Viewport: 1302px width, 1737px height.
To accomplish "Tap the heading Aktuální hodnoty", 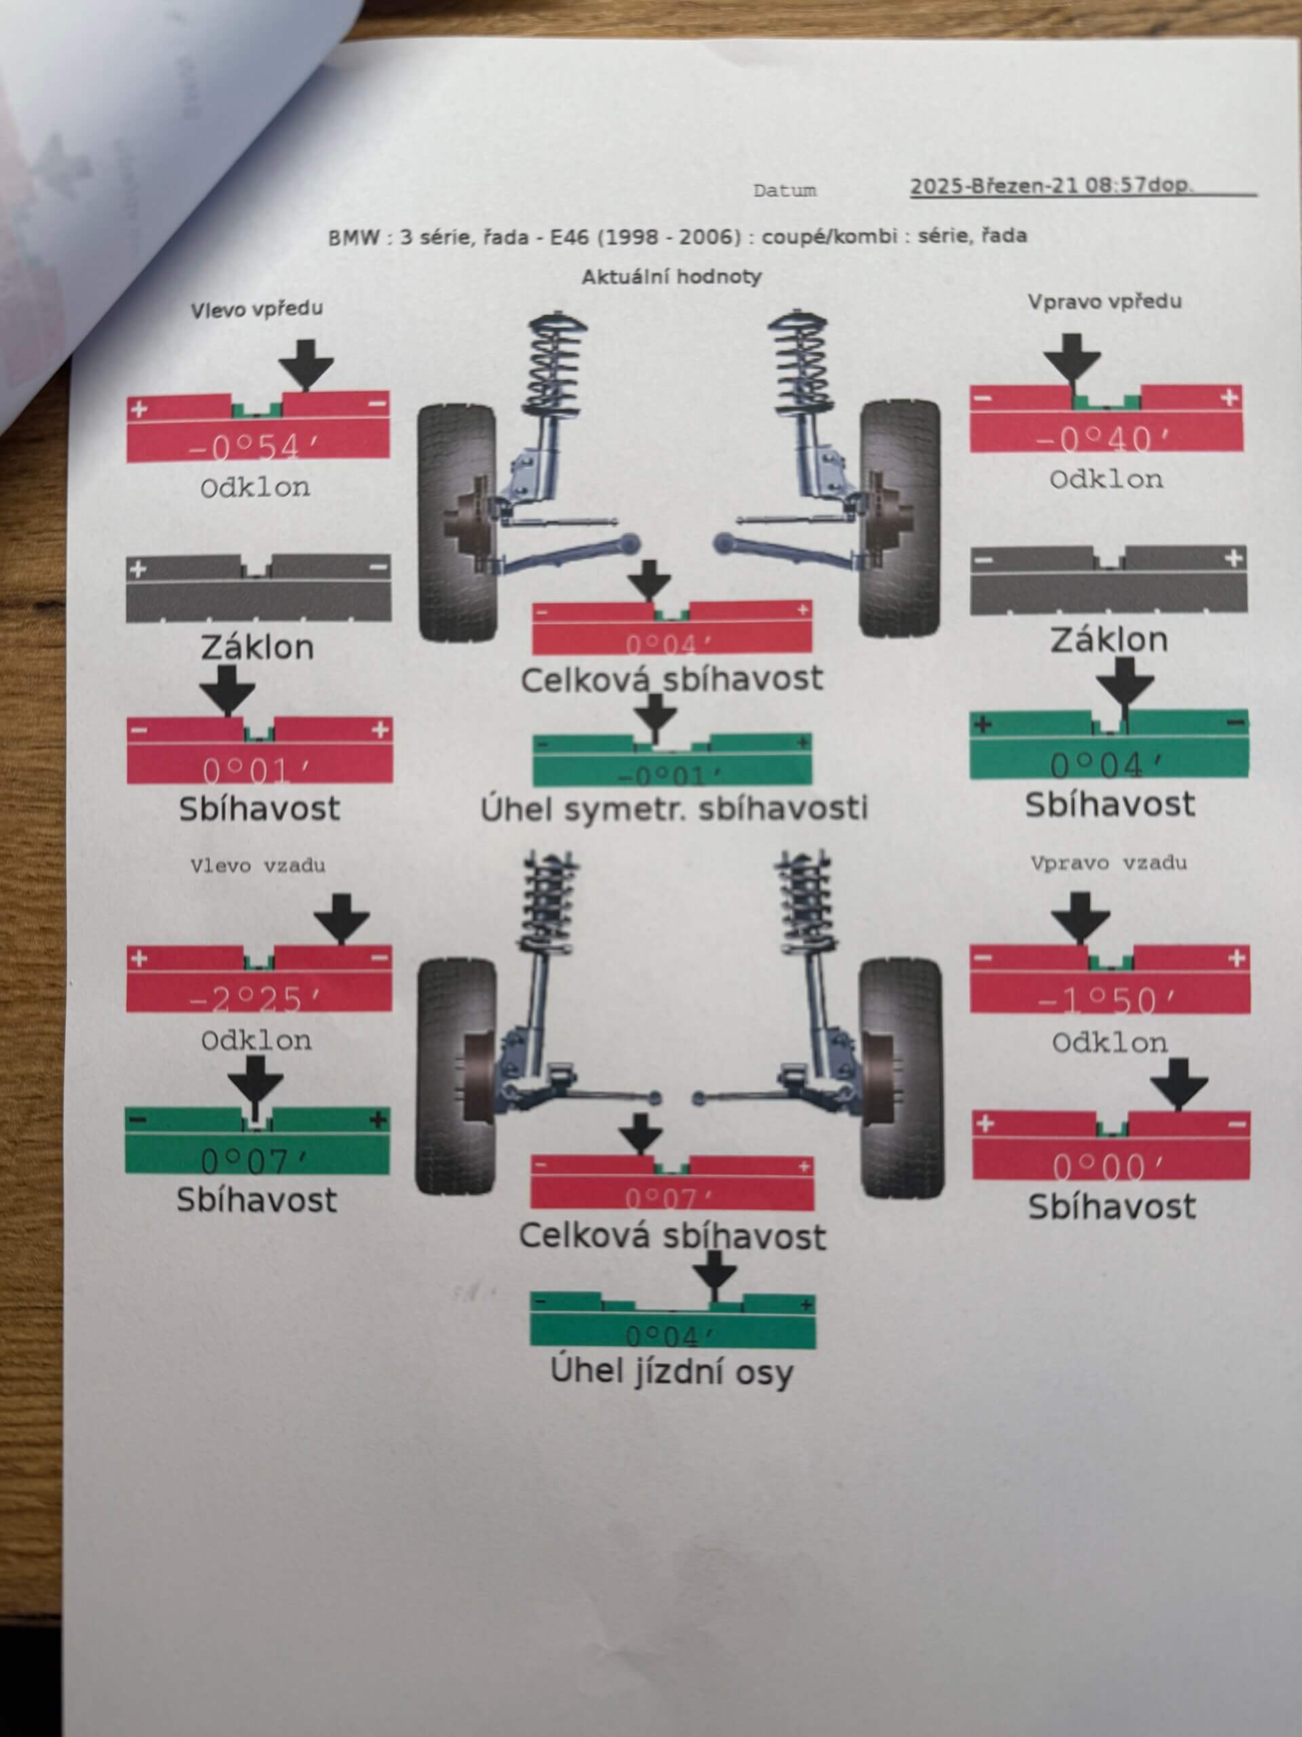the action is coord(672,276).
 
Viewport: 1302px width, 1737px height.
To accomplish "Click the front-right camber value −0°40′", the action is coord(1103,439).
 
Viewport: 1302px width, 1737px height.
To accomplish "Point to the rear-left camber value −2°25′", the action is coord(256,999).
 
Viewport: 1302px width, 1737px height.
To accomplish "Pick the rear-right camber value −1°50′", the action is coord(1107,1000).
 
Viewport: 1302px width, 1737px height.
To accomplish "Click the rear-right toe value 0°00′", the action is coord(1109,1167).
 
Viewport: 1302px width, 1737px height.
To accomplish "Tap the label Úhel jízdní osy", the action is coord(671,1372).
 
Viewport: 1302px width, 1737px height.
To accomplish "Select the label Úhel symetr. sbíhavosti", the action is coord(674,809).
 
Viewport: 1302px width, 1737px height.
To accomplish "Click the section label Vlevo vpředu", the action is coord(256,309).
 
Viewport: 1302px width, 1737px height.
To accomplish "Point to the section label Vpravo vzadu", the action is coord(1108,863).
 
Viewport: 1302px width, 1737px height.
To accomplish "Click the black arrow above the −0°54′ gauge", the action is coord(306,364).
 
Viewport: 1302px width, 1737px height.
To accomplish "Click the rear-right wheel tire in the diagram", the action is coord(901,1077).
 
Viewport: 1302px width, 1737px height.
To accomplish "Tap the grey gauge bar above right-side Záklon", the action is coord(1107,580).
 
